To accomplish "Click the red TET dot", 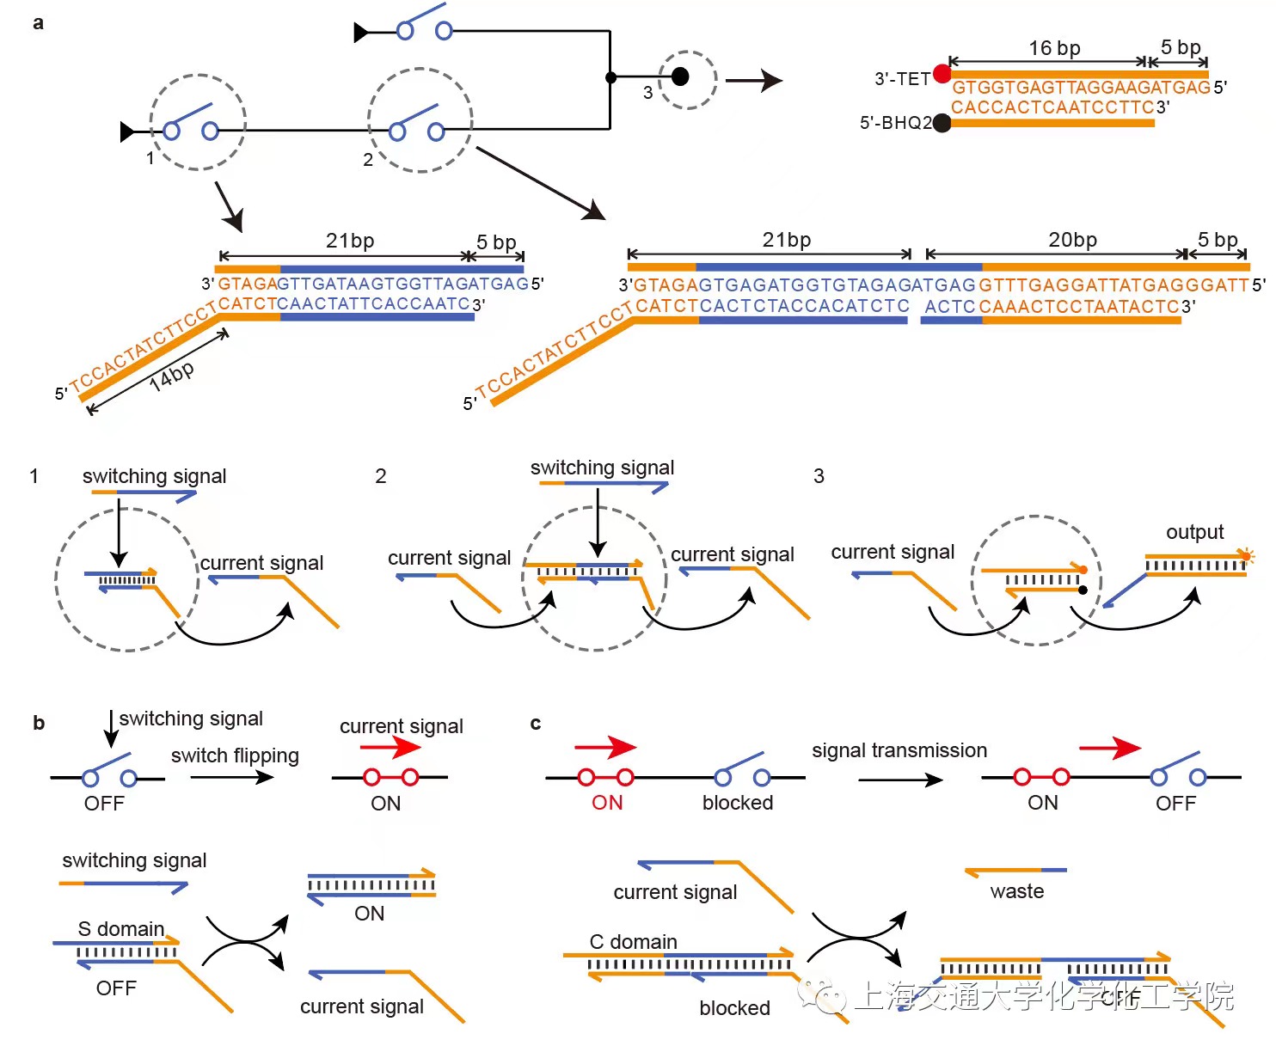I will coord(942,73).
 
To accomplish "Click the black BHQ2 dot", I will coord(942,123).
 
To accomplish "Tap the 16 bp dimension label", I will coord(1054,48).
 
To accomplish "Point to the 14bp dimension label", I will coord(171,376).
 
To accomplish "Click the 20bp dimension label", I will coord(1072,240).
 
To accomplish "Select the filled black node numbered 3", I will coord(680,76).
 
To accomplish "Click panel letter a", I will coord(38,23).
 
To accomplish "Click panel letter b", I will coord(39,723).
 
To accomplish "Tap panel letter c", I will coord(536,723).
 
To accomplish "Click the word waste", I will coord(1016,891).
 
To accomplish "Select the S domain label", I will coord(120,929).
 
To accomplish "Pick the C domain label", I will coord(633,942).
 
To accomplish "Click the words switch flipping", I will coord(235,755).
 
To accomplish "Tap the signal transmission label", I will coord(899,750).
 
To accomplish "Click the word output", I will coord(1194,532).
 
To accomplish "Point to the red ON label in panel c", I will coord(607,803).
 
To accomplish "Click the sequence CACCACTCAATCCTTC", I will coord(1052,107).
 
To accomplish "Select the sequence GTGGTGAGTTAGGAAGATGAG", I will coord(1081,87).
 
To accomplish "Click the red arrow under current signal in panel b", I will coord(390,747).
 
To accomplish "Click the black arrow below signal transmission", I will coord(899,780).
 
